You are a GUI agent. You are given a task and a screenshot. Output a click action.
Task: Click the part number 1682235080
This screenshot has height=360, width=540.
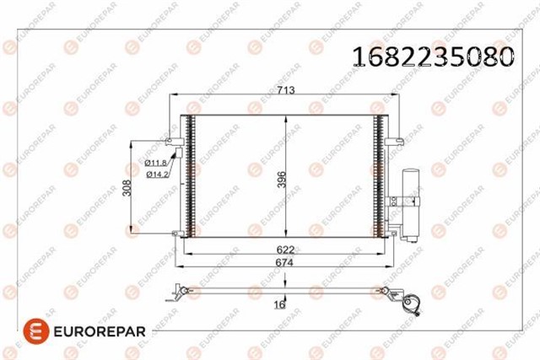coord(433,56)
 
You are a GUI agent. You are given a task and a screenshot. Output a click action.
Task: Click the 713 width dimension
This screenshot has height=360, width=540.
coord(286,90)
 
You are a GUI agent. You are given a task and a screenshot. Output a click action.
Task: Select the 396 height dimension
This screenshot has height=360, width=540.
coord(282,180)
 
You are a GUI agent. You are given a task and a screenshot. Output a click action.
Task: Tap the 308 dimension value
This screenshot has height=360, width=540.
coord(127,188)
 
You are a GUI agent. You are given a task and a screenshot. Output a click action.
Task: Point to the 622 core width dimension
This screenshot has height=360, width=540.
coord(285,250)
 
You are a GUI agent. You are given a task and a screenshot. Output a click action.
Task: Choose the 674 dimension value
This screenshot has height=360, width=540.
coord(284,262)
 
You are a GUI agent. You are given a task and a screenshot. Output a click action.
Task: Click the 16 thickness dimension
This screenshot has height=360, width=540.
coord(279,304)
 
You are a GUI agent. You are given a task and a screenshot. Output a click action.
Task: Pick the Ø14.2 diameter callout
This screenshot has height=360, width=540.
coord(157,175)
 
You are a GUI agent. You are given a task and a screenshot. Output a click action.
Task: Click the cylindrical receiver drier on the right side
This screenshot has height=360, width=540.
coord(411,206)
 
